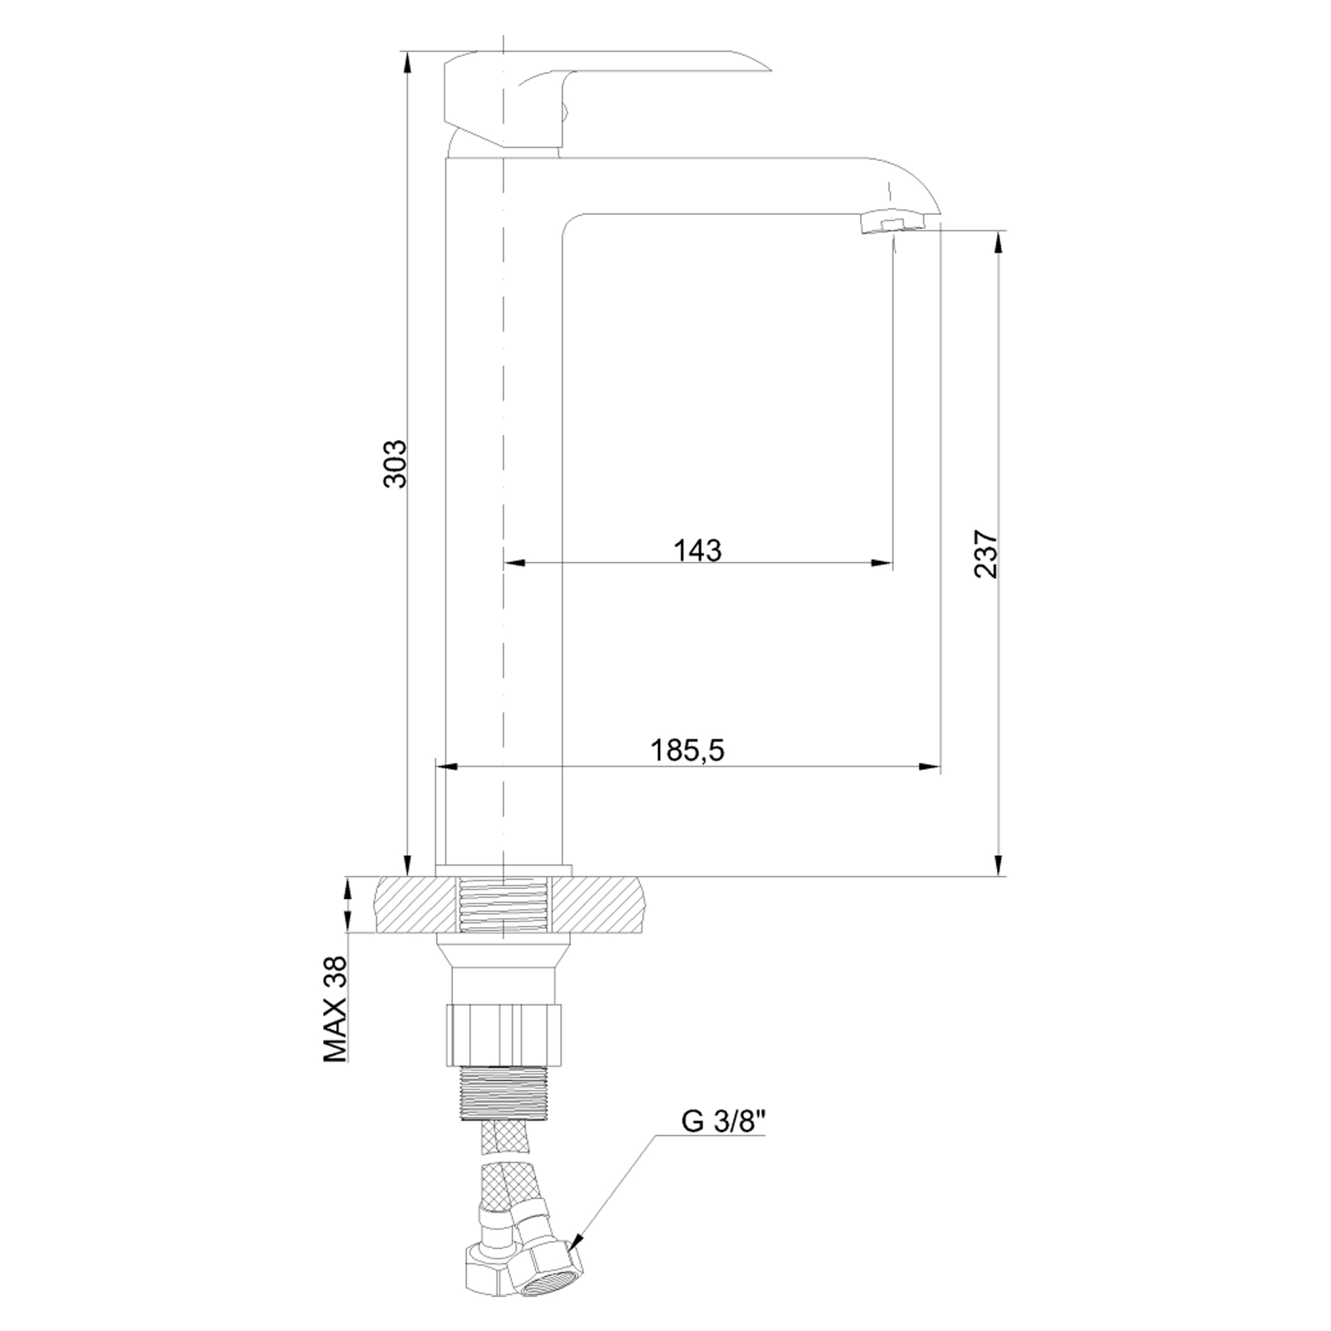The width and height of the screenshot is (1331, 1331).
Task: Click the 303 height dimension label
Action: (395, 463)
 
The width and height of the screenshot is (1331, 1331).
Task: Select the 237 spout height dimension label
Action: (986, 554)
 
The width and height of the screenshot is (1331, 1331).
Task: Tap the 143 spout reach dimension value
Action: (698, 550)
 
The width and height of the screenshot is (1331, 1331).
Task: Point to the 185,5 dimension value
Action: (688, 750)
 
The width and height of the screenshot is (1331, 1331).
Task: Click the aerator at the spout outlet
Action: (892, 223)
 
